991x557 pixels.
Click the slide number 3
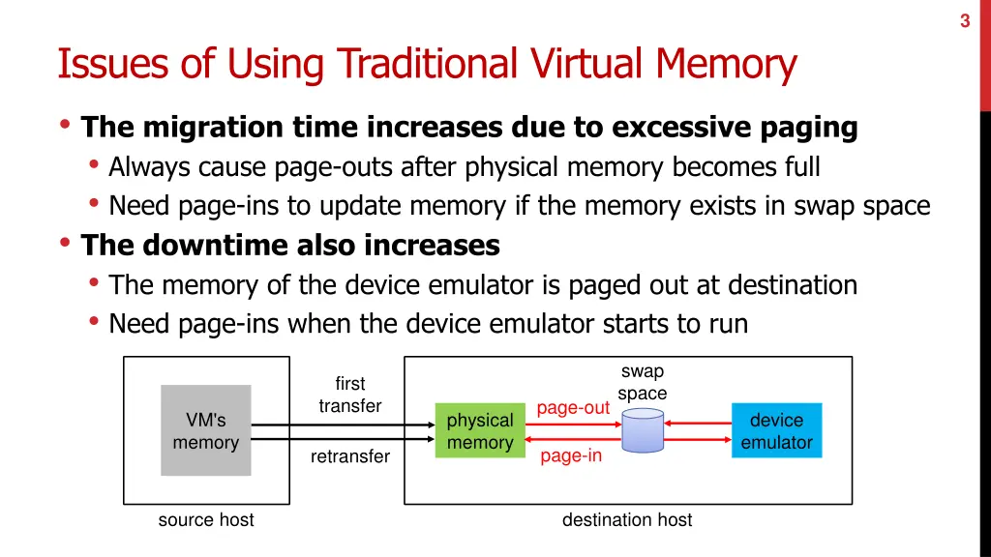[965, 22]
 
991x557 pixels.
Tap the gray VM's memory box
[205, 430]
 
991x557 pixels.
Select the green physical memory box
[479, 431]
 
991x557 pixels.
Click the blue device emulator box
[776, 431]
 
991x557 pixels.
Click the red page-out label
[573, 408]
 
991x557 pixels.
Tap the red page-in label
[571, 455]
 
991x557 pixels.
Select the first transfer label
[350, 395]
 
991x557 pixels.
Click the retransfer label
[350, 456]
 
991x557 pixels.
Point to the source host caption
[206, 520]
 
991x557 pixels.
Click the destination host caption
[627, 520]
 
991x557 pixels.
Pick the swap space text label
[643, 383]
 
